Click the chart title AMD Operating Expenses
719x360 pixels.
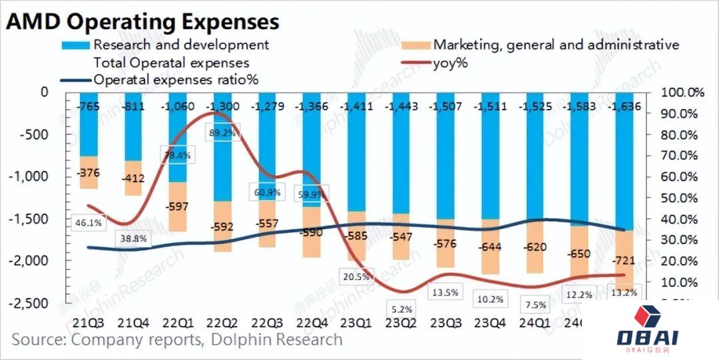[x=142, y=21]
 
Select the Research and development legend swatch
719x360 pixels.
[x=75, y=45]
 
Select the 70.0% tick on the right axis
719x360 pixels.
[x=680, y=156]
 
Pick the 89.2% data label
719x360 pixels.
[x=221, y=132]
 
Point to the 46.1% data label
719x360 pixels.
[x=88, y=223]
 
